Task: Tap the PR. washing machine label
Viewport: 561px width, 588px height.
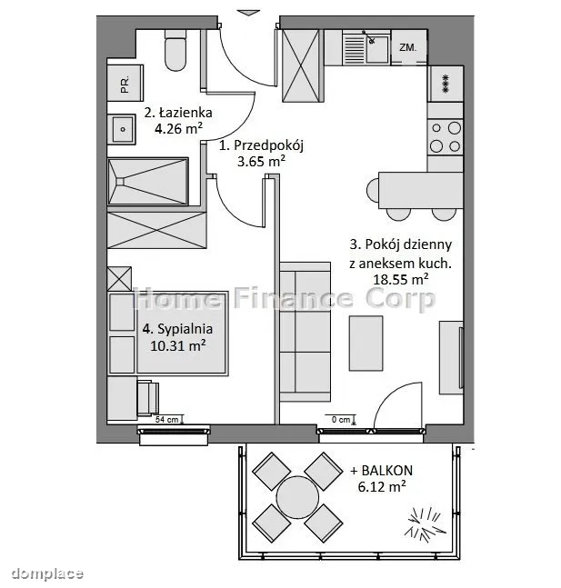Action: [x=125, y=84]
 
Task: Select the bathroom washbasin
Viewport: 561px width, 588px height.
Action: [x=122, y=129]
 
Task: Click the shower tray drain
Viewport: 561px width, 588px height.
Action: [x=120, y=182]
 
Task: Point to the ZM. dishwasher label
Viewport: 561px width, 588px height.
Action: [x=408, y=47]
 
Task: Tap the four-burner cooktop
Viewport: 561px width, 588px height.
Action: [x=445, y=137]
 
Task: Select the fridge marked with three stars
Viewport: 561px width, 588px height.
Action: [x=446, y=84]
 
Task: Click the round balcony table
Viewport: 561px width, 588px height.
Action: [x=297, y=497]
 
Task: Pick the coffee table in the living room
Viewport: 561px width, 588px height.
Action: [x=366, y=344]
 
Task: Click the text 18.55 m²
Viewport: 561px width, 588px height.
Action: [x=401, y=279]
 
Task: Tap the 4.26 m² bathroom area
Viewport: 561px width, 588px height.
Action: [x=178, y=129]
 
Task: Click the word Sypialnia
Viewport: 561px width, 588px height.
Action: [x=185, y=329]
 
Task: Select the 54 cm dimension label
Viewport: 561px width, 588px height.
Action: [x=167, y=420]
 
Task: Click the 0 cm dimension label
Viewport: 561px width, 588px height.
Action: [x=341, y=420]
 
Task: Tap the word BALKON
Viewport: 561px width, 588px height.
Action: [x=387, y=470]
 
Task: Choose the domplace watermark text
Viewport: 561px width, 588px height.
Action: [x=47, y=573]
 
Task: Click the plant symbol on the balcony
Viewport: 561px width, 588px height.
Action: [x=425, y=524]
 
